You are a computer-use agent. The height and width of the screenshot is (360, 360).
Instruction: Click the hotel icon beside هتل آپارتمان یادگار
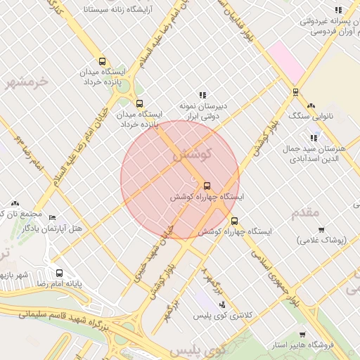(52, 218)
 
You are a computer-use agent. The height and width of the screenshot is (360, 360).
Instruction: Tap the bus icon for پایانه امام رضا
(59, 274)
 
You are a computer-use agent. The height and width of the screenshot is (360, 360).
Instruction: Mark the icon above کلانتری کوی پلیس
(223, 304)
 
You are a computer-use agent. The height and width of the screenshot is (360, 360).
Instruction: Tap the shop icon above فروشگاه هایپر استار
(303, 335)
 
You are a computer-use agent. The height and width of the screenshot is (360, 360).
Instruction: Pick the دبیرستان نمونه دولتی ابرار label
(202, 110)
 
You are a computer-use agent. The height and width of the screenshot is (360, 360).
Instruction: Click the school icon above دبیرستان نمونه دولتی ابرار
(202, 95)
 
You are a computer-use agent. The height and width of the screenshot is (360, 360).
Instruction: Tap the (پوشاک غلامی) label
(323, 240)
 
